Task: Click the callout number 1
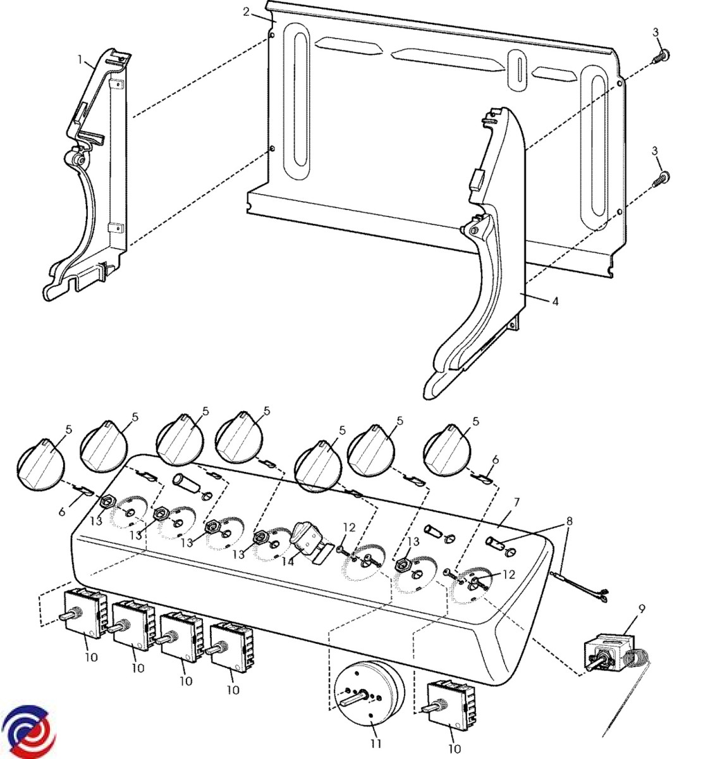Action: [x=80, y=59]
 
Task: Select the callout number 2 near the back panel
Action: [x=247, y=12]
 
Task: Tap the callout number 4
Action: [x=555, y=302]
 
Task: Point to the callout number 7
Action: [x=516, y=502]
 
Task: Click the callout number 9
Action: [x=642, y=609]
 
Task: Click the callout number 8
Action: [x=569, y=521]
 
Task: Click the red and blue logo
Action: [x=29, y=732]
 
